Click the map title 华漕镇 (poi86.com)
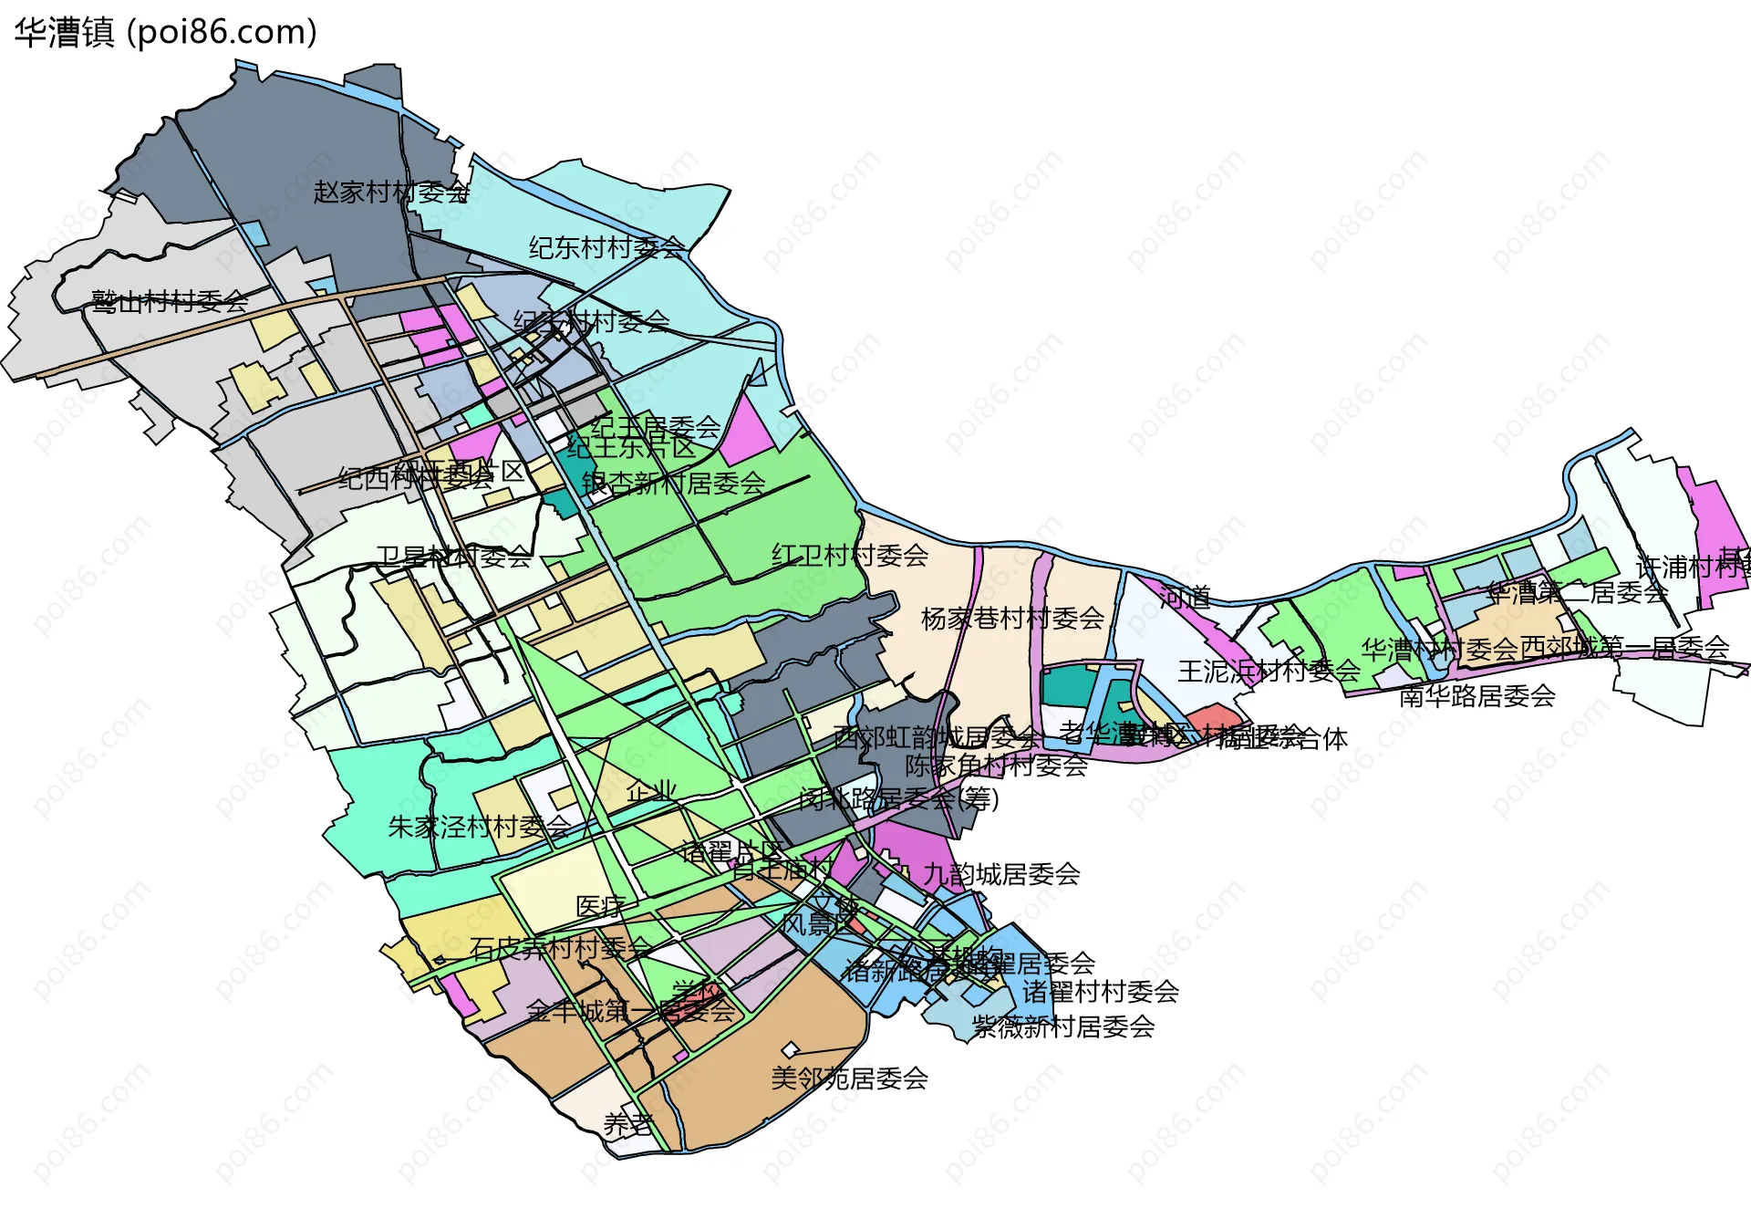point(165,33)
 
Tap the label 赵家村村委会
point(391,193)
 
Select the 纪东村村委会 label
point(606,247)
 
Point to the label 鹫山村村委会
point(170,301)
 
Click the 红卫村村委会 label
point(850,555)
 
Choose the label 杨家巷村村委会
point(1012,619)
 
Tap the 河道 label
point(1185,598)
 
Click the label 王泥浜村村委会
point(1269,672)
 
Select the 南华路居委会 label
point(1476,696)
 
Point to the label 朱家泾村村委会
point(479,827)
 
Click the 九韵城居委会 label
point(1001,874)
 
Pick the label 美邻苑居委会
point(849,1078)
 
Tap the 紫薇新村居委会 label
point(1063,1026)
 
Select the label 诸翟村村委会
point(1100,992)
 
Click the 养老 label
point(628,1124)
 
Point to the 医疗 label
point(600,906)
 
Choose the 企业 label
point(651,791)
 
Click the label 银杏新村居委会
point(673,484)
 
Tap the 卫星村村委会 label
point(453,557)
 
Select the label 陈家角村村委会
point(996,765)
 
